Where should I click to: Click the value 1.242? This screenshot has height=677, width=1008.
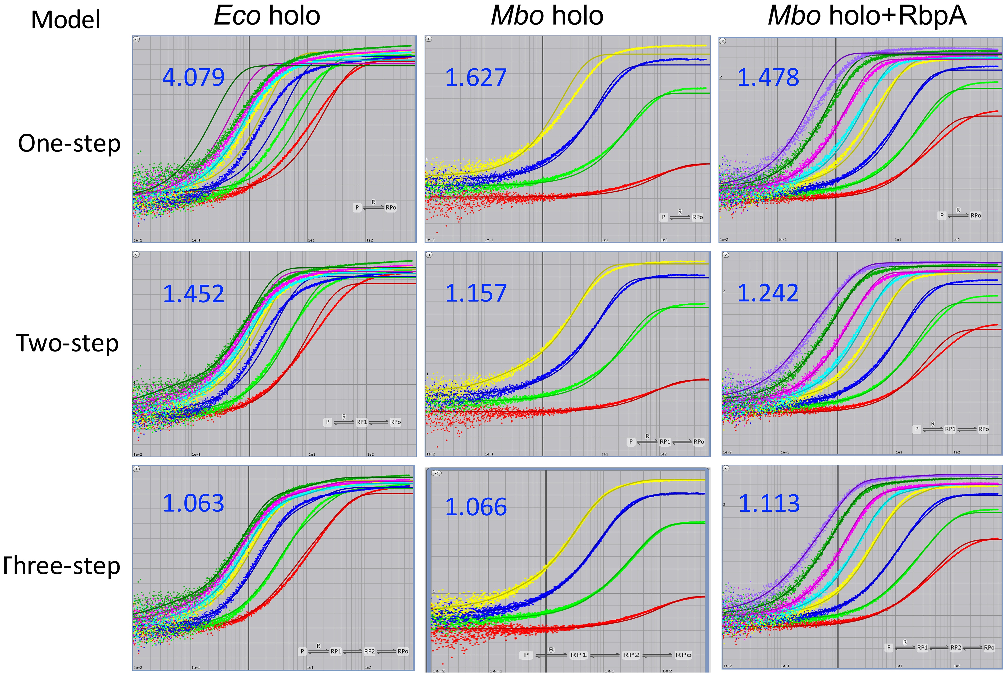click(x=768, y=293)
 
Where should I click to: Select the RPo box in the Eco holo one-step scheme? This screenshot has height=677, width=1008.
click(x=391, y=208)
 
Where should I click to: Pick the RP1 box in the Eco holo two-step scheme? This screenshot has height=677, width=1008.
click(x=361, y=422)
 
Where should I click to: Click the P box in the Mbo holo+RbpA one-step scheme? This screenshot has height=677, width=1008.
click(x=942, y=215)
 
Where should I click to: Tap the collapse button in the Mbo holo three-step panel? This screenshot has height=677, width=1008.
click(x=436, y=473)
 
